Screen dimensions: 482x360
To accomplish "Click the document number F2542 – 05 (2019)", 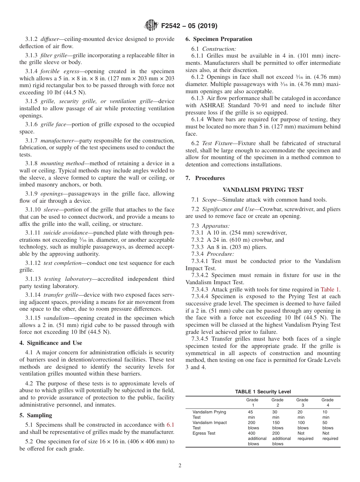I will coord(189,26).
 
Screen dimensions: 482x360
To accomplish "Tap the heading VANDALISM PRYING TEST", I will coord(263,190).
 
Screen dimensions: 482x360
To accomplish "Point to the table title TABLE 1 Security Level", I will coord(263,392).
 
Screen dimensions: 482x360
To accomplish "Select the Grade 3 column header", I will coord(302,402).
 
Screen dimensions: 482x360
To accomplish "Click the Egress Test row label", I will coord(204,433).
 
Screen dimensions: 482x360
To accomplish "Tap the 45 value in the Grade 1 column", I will coord(250,412).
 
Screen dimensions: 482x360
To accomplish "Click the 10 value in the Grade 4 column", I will coord(325,412).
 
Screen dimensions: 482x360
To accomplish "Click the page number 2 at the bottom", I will coord(180,466).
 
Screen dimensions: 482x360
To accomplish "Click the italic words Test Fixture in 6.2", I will coord(212,143).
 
